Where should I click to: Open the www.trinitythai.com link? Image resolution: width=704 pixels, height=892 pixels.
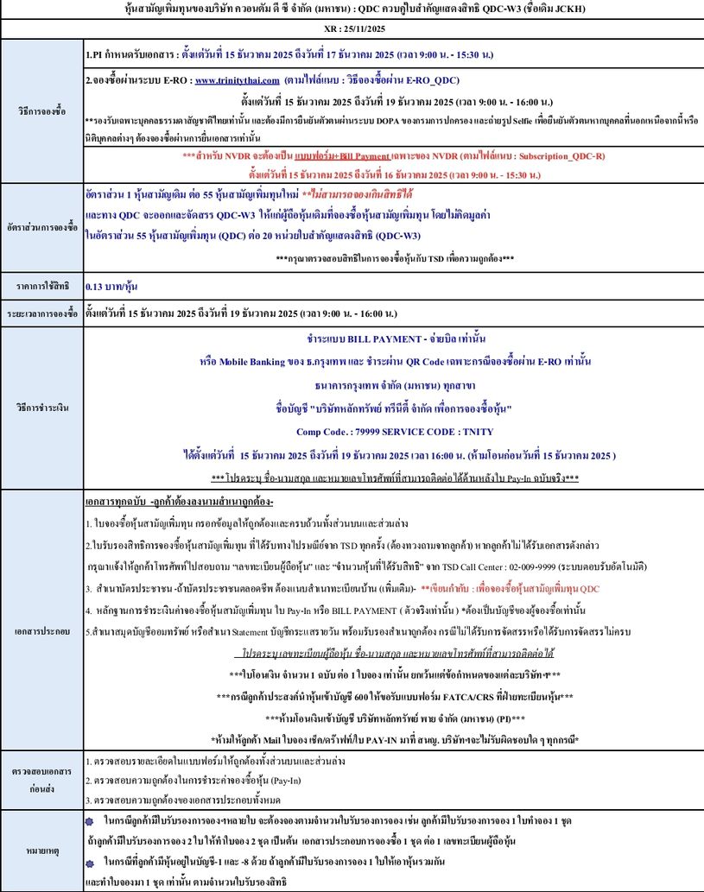(x=231, y=79)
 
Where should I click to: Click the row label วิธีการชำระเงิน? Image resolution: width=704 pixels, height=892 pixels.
(x=41, y=406)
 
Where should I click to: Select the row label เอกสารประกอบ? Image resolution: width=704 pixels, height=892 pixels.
(x=41, y=630)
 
